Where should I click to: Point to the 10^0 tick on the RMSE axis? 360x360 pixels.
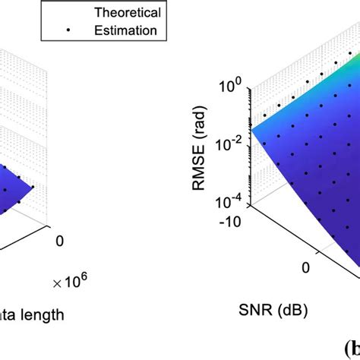232,87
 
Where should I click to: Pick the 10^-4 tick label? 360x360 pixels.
231,203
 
